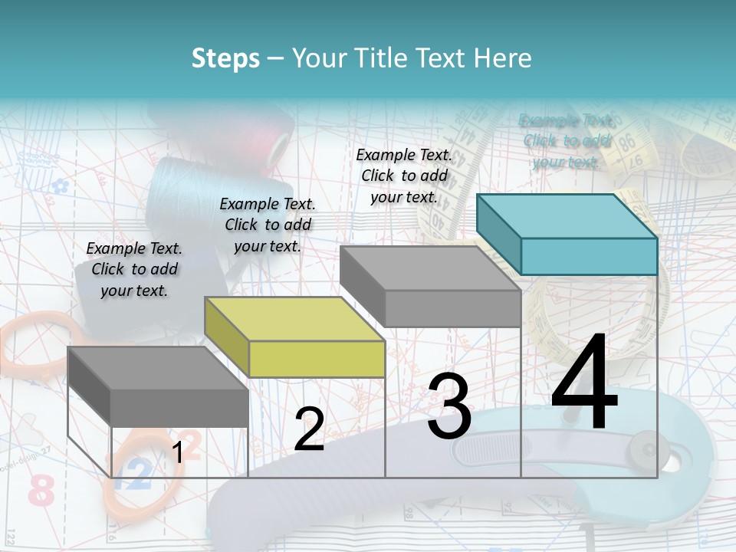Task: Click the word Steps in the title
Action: tap(225, 58)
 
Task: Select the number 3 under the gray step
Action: tap(449, 406)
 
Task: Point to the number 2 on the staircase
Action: tap(309, 429)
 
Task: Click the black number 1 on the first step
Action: tap(178, 452)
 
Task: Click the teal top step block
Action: tap(567, 234)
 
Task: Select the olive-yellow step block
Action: tap(295, 337)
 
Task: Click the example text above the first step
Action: tap(134, 269)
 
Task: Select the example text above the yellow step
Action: tap(268, 225)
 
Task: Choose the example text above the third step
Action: tap(404, 176)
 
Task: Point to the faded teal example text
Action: tap(567, 141)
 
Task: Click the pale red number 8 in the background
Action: tap(40, 491)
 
